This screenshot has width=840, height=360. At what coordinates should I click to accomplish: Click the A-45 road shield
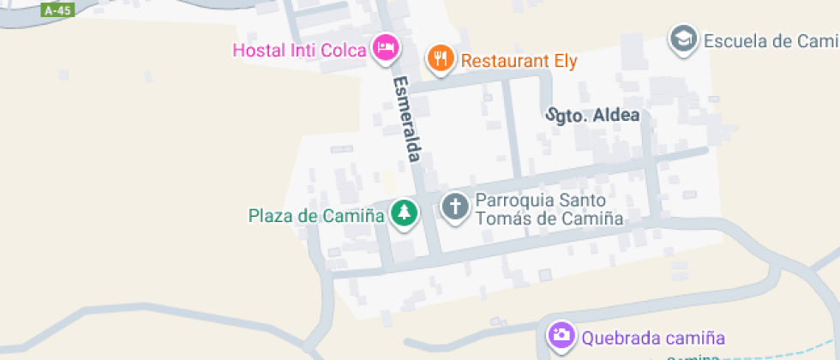(57, 10)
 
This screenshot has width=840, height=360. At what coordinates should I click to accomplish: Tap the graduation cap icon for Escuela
(683, 39)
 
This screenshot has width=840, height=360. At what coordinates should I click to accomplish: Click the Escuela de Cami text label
(770, 40)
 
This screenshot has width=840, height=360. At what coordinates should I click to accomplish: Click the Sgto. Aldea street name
(594, 115)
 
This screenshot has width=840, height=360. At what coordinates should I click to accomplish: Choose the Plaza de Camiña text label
(315, 215)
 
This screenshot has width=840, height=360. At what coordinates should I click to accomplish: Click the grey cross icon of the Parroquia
(454, 205)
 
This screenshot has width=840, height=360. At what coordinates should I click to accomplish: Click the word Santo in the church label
(591, 200)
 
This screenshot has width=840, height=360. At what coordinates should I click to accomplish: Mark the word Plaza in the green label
(267, 215)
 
